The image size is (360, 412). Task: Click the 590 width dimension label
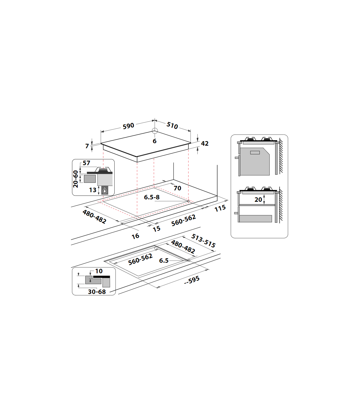128,126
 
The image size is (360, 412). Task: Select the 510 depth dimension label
172,125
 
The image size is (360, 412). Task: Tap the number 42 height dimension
205,144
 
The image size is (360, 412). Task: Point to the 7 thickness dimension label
87,146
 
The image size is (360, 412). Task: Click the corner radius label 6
154,141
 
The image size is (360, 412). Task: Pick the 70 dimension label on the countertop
177,188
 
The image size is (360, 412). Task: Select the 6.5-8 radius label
151,197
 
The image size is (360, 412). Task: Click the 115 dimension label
220,208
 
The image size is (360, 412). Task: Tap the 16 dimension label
135,236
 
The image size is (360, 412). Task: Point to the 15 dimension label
157,229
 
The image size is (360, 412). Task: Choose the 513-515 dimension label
203,241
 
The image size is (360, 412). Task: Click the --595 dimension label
192,280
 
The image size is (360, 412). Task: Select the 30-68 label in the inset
97,292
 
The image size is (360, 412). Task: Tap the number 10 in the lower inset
99,271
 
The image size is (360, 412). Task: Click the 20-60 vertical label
75,179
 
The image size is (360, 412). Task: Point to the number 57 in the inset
86,163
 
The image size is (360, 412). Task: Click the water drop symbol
105,190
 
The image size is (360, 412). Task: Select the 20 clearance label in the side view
258,200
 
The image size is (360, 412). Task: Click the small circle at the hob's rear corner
155,131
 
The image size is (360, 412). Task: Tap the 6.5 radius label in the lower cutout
164,261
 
